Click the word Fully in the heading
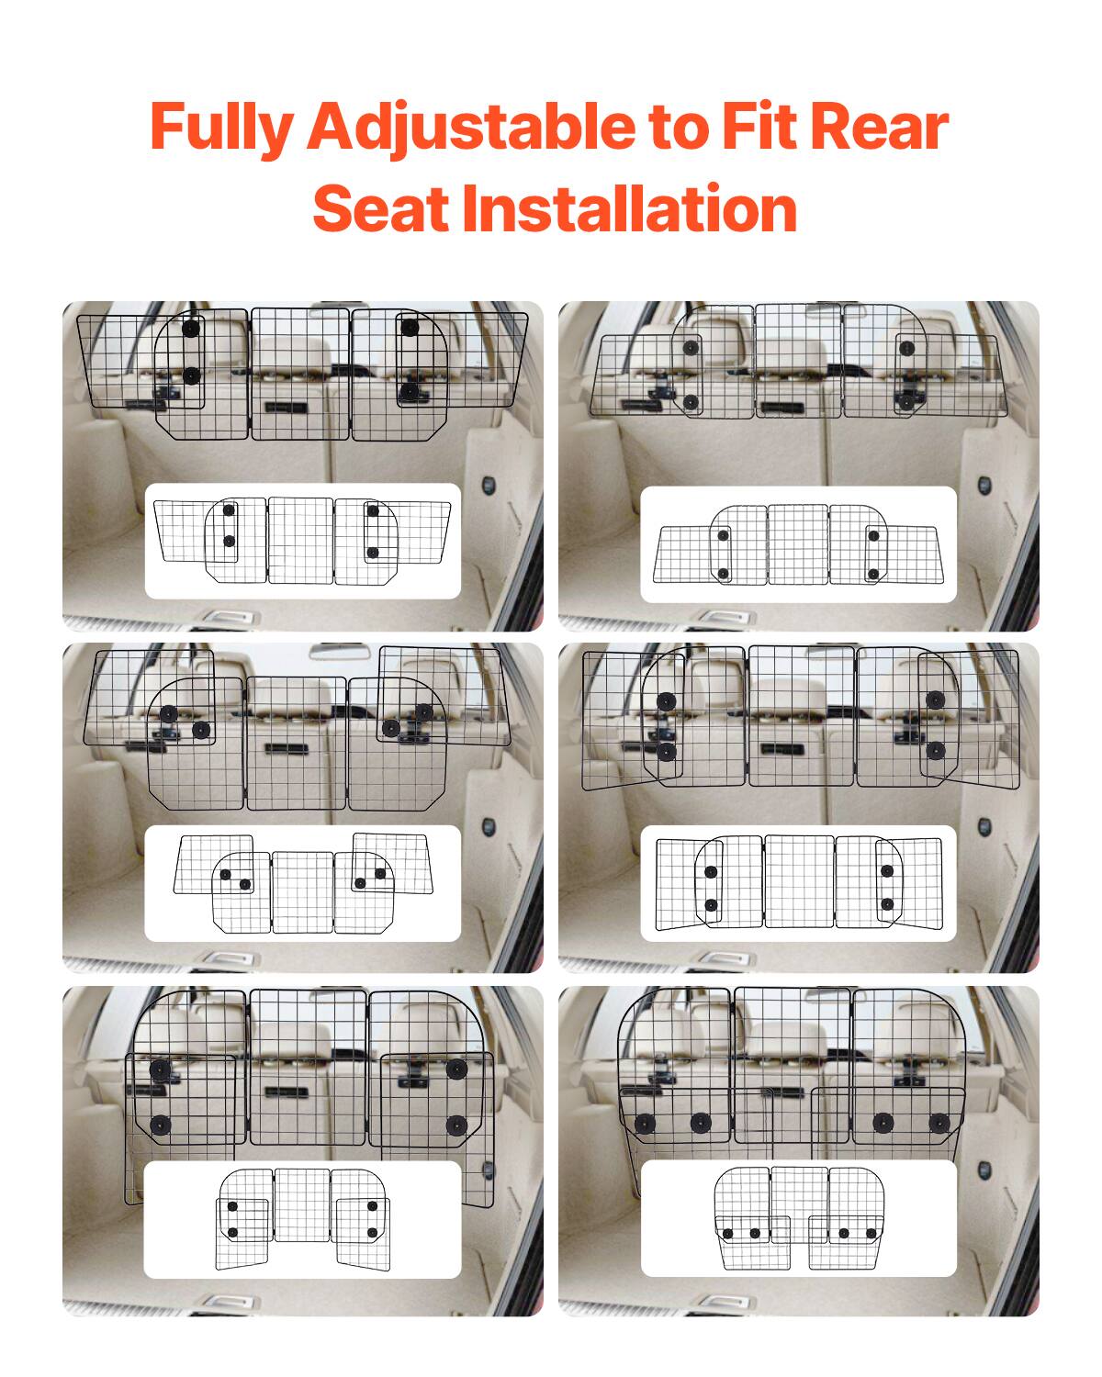219,128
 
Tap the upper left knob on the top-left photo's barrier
190,329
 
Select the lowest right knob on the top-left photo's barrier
407,392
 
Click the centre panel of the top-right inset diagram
797,544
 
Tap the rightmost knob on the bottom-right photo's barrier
939,1123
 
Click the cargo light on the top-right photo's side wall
984,484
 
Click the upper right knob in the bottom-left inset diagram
372,1205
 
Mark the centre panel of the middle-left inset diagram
302,891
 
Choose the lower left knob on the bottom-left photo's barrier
159,1125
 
